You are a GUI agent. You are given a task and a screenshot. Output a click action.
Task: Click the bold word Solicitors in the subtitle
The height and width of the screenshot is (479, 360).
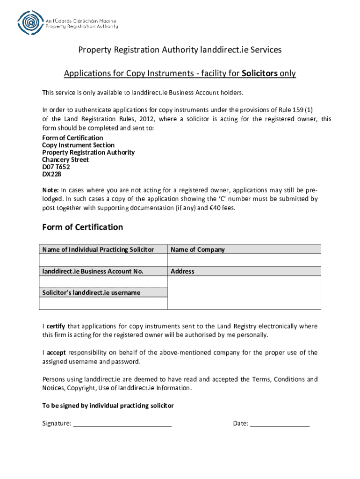259,73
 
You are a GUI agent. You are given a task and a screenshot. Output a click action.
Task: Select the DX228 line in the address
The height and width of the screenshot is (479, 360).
51,174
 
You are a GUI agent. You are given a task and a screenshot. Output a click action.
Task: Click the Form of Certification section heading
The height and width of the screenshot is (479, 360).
83,227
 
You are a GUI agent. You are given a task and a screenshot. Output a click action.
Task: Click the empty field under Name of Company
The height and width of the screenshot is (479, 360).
244,260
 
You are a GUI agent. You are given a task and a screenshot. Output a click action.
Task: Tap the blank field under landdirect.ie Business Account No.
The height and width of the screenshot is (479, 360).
103,282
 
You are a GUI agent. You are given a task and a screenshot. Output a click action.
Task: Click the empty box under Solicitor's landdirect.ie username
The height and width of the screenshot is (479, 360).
103,303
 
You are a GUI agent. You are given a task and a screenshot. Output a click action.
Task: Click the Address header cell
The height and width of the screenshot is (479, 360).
182,271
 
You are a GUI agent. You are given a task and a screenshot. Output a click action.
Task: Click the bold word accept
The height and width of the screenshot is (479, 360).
56,353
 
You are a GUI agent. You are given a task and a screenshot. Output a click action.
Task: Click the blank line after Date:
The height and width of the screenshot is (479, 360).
280,424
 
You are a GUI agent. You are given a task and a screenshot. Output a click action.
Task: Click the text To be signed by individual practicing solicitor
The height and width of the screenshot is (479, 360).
108,406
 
